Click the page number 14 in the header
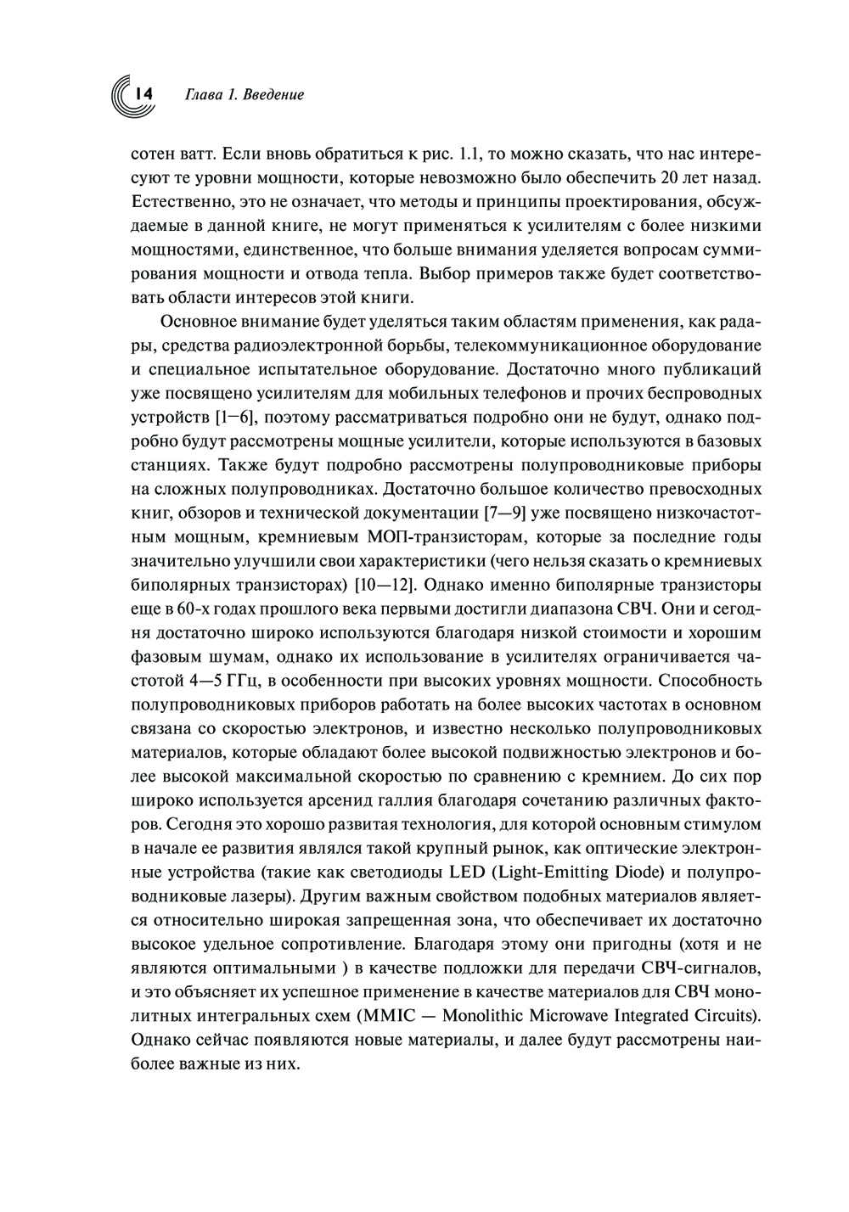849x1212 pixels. point(140,94)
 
